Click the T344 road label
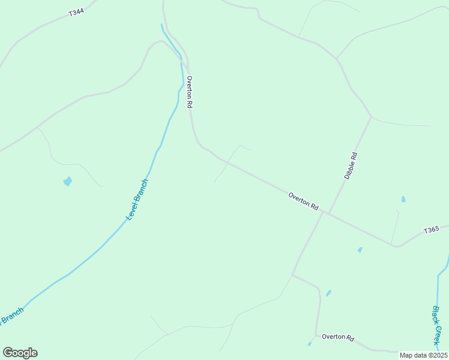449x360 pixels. pos(76,11)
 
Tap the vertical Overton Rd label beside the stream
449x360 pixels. pos(190,92)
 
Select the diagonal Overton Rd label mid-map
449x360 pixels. pos(303,200)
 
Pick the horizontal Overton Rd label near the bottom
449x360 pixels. pos(338,337)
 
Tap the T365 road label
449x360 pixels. pos(432,230)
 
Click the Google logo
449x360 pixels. pos(20,353)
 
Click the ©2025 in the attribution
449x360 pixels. pos(436,355)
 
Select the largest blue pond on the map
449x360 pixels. pos(67,181)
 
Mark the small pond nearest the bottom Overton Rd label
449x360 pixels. pos(310,344)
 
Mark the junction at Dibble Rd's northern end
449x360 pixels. pos(371,116)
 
